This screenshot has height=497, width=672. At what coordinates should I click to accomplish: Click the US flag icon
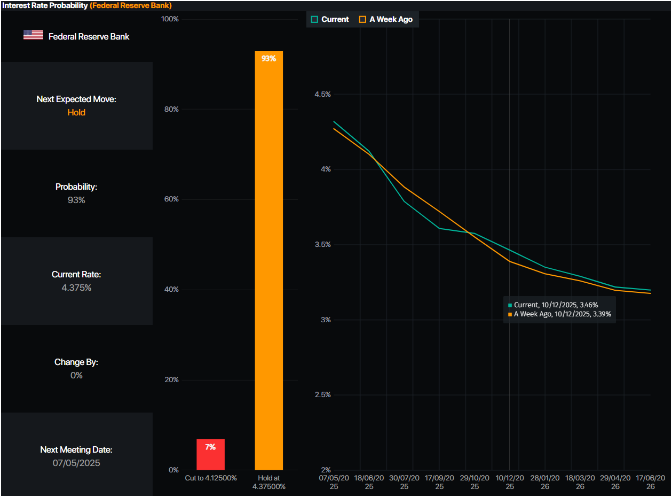click(33, 35)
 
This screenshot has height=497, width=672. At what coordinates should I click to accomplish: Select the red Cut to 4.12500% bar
click(210, 455)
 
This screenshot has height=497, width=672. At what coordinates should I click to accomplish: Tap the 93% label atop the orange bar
click(268, 58)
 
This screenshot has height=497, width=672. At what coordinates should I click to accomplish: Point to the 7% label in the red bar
click(210, 447)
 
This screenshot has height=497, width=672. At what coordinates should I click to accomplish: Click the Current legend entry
click(330, 19)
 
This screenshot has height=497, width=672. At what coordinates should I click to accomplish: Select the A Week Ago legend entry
click(386, 19)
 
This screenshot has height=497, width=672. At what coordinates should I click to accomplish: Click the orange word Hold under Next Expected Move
click(76, 112)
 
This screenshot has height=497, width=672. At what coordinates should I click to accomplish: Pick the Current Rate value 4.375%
click(76, 288)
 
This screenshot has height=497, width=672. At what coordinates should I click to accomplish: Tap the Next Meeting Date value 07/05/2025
click(76, 463)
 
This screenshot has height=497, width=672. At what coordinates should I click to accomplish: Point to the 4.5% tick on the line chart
click(322, 94)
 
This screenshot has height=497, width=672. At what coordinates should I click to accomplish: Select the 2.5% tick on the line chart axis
click(322, 395)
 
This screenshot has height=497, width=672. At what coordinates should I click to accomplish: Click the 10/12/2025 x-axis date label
click(510, 482)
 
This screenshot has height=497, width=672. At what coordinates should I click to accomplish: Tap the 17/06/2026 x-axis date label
click(650, 482)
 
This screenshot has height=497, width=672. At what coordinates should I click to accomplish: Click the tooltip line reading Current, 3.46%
click(555, 305)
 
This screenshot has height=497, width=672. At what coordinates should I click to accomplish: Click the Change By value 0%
click(76, 375)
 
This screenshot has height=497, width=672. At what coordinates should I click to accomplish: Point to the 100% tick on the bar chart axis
click(170, 19)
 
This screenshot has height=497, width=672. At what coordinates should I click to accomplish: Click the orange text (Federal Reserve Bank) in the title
click(131, 5)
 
